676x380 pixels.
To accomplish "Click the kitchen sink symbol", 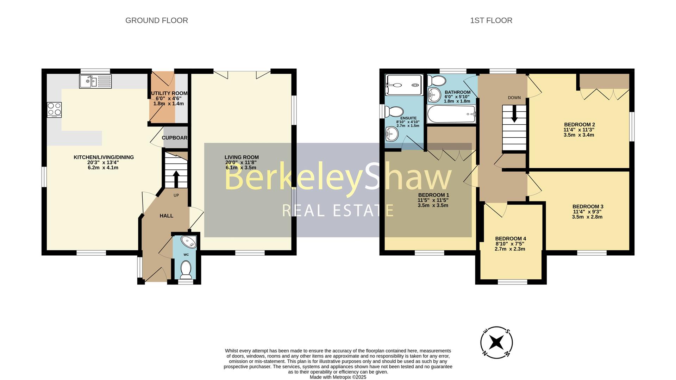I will (95, 81).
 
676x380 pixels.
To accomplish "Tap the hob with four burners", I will (54, 110).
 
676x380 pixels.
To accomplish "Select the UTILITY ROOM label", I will (169, 93).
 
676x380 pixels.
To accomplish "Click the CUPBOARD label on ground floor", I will (175, 138).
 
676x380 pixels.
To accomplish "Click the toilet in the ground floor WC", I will (186, 269).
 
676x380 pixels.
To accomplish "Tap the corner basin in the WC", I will (189, 242).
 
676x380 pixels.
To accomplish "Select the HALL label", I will (167, 216).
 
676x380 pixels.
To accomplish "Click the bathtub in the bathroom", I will (451, 114).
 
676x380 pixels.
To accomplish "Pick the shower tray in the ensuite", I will (404, 85).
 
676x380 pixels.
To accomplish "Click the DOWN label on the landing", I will (514, 98).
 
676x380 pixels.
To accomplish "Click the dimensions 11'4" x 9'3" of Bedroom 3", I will (587, 212).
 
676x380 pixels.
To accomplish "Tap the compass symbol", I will (496, 342).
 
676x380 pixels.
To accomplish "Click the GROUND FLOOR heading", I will (157, 20).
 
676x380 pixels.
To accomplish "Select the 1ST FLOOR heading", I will (491, 20).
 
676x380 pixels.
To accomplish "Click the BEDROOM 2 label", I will (579, 124).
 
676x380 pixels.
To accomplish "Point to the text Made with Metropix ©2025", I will (338, 377).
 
